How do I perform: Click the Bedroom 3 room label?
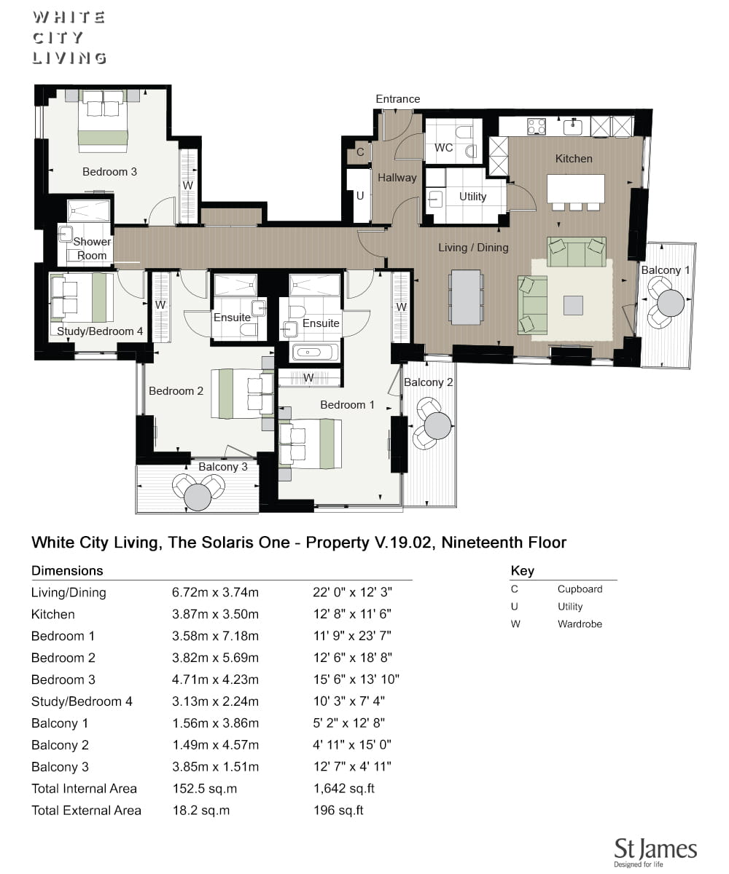(x=109, y=172)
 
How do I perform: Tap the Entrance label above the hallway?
(x=397, y=99)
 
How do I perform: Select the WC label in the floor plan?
(x=443, y=148)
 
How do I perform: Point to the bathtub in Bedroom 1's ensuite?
(x=313, y=353)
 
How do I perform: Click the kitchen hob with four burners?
(x=537, y=127)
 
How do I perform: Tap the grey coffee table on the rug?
(x=573, y=305)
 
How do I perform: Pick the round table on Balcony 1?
(x=671, y=303)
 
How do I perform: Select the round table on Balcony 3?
(x=198, y=497)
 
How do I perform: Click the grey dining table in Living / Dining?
(x=466, y=296)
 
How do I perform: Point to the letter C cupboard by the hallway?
(x=360, y=152)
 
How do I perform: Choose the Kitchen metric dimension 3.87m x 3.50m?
(x=215, y=614)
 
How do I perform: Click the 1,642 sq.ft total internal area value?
(x=344, y=788)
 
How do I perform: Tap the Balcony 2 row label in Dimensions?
(x=60, y=745)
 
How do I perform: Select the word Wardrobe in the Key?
(x=580, y=623)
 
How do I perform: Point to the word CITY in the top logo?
(x=58, y=38)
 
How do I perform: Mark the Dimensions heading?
(x=67, y=570)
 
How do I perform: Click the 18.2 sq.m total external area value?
(x=201, y=810)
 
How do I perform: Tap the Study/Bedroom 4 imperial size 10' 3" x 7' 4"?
(x=349, y=701)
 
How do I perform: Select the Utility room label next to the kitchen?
(x=472, y=197)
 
